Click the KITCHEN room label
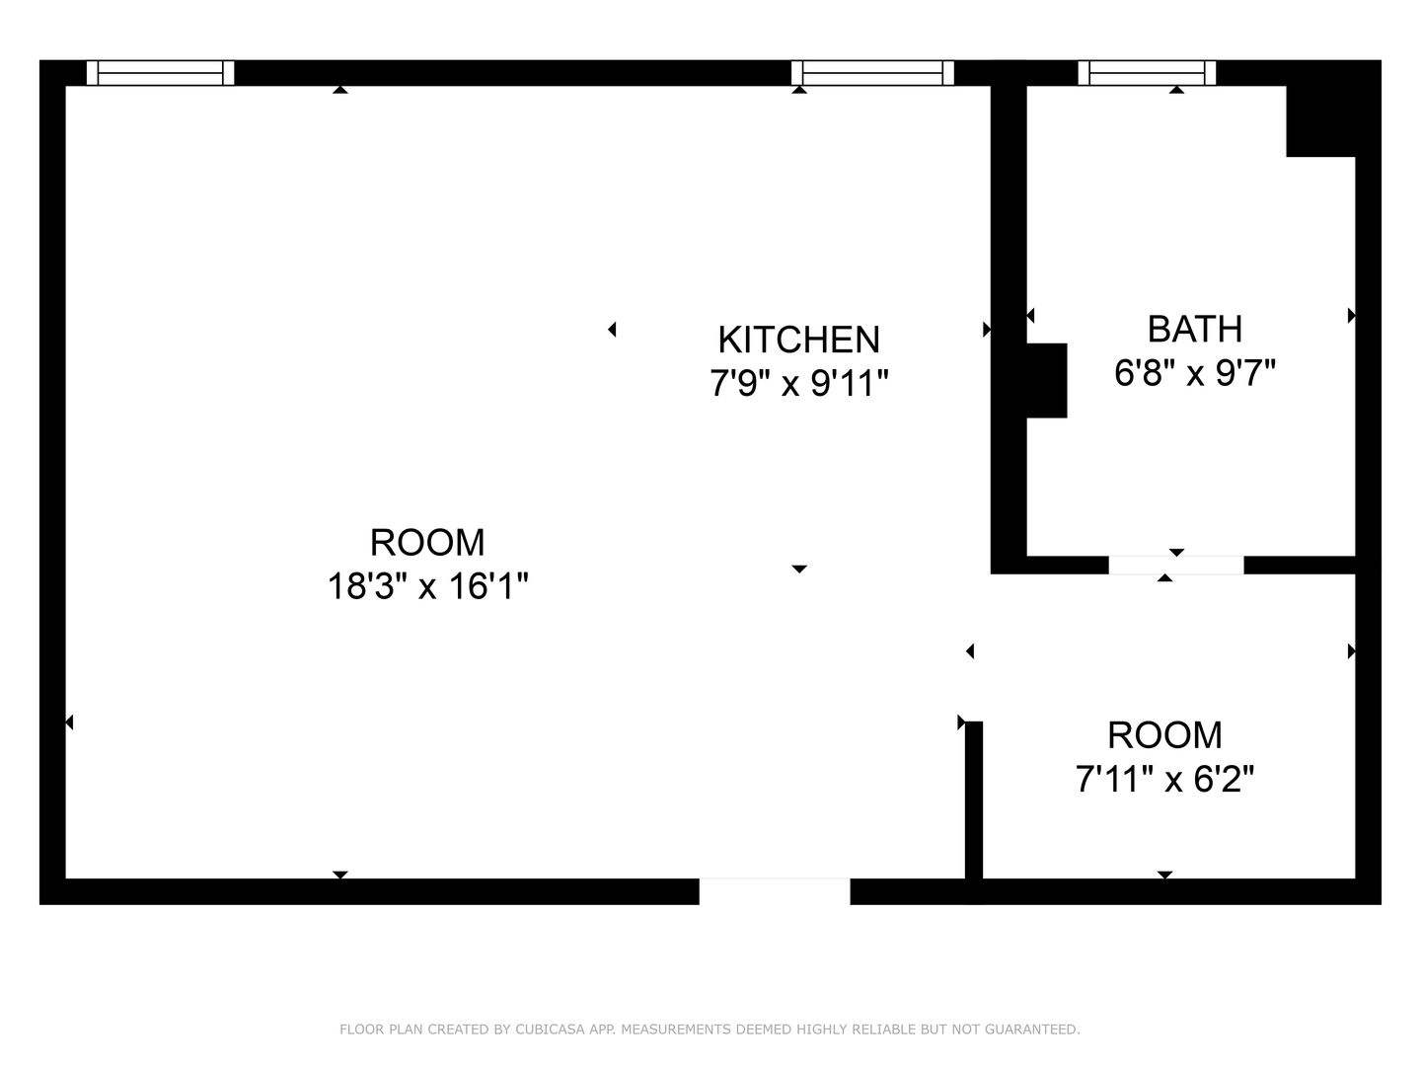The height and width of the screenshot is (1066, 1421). [799, 340]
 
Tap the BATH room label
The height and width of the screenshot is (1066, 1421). [1194, 329]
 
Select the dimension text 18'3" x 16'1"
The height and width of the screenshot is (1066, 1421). [428, 586]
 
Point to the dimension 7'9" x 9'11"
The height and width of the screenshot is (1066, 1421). [799, 383]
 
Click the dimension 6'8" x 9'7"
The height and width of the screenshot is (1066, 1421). [1194, 373]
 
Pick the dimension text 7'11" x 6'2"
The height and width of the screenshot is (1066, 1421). [1164, 778]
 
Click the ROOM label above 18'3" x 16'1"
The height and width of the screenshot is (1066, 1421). [427, 543]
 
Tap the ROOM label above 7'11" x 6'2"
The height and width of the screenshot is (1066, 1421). [1164, 734]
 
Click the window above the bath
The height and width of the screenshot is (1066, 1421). [1147, 72]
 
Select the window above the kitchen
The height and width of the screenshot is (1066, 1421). [872, 72]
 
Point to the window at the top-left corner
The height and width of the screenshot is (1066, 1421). [160, 72]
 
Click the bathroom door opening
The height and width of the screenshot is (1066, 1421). [1175, 565]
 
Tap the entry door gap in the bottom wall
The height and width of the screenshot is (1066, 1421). [775, 891]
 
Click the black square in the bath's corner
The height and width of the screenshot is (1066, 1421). [1320, 121]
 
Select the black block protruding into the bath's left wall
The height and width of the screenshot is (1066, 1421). [1046, 381]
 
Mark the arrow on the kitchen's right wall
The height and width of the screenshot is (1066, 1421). [987, 330]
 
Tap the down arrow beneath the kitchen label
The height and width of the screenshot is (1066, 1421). [799, 569]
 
